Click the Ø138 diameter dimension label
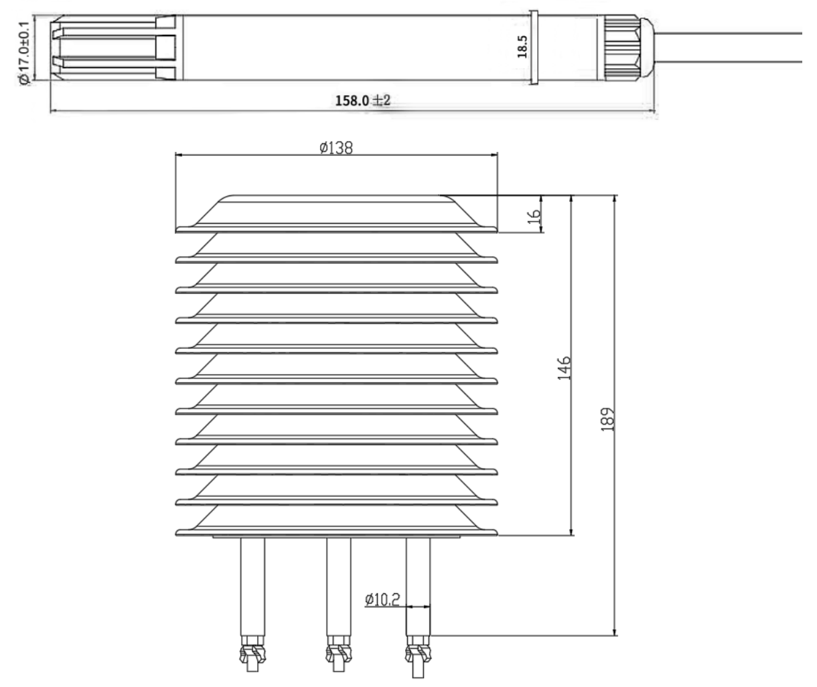(x=336, y=148)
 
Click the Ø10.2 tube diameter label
(x=382, y=599)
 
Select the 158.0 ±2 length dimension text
(x=362, y=100)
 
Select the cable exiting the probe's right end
(x=730, y=47)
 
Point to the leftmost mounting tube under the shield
(x=252, y=589)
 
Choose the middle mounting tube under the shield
(x=338, y=589)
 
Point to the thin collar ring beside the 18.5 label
(x=534, y=48)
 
